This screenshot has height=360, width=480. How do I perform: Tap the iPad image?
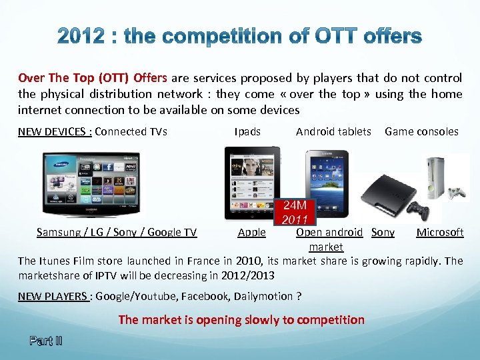(252, 183)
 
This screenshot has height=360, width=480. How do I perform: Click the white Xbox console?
(446, 178)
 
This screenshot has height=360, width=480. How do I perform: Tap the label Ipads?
(247, 131)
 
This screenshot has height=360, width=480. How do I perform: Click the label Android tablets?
(333, 131)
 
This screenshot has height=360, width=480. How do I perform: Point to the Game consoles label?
(421, 131)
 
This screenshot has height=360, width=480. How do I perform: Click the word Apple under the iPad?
(252, 233)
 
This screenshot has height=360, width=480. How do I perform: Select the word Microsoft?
(440, 232)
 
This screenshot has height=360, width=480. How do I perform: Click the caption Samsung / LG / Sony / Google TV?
(117, 233)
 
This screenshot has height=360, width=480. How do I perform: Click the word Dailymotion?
(259, 296)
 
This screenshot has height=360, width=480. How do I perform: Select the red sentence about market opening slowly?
(241, 320)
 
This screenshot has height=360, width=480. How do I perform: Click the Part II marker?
(45, 341)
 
